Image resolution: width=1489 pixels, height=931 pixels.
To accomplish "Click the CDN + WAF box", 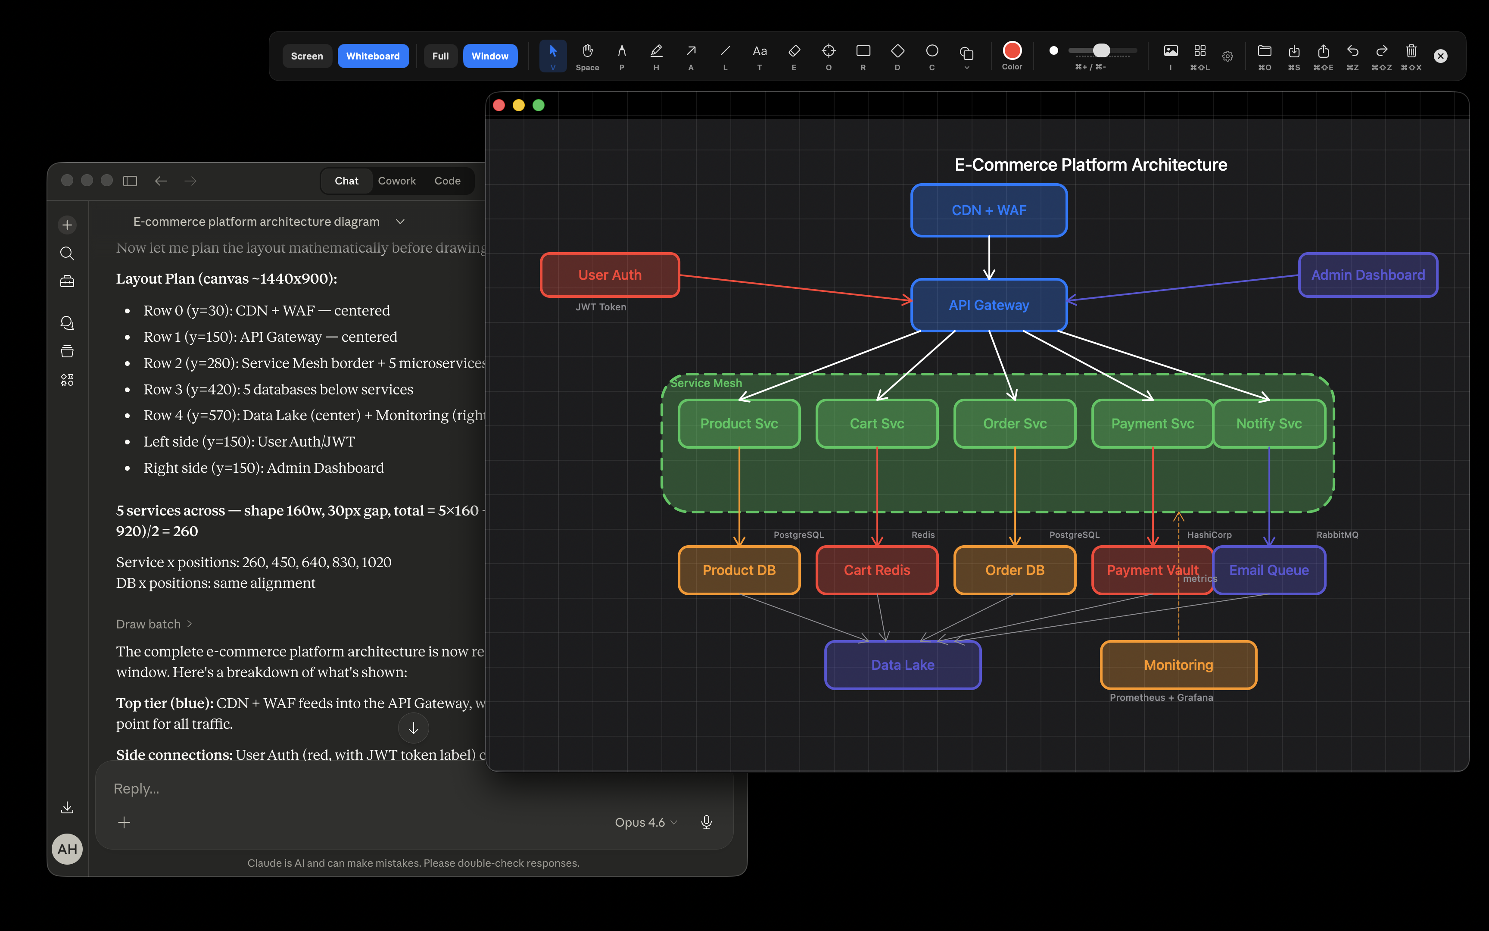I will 989,210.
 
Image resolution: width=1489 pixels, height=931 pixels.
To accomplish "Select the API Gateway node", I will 989,305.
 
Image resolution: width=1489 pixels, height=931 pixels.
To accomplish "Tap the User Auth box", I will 610,275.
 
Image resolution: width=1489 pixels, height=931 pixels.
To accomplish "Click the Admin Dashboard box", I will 1368,275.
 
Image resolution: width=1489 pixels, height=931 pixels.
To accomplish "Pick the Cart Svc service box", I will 877,424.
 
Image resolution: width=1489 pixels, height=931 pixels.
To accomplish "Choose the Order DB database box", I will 1015,570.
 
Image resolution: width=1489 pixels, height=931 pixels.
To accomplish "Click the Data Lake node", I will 903,665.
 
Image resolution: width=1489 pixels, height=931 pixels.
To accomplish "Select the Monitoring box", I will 1178,665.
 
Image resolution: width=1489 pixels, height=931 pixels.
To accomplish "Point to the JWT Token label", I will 601,306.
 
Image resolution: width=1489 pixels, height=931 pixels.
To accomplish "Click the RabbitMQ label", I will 1337,534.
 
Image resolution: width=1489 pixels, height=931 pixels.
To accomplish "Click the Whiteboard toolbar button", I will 373,56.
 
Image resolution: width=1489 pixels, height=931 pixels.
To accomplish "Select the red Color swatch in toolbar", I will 1012,50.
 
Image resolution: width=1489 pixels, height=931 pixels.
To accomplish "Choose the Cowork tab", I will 397,181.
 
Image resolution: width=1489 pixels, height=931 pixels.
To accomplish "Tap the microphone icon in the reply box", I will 706,822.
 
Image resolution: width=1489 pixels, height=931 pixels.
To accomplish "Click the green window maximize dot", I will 539,105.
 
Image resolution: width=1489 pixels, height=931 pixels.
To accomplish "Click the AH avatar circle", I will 67,849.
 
